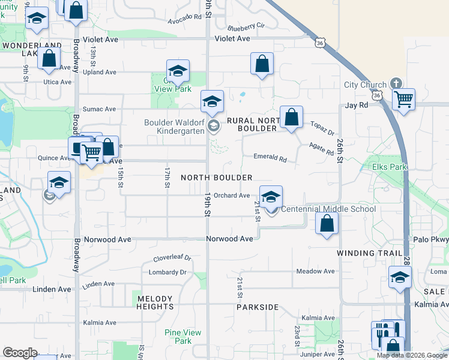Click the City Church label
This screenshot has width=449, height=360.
click(365, 85)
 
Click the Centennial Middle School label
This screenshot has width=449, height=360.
click(328, 209)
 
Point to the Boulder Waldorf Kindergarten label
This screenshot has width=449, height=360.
click(174, 127)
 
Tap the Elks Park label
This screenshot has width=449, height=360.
click(390, 167)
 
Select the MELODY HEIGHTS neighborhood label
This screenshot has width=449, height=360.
click(155, 302)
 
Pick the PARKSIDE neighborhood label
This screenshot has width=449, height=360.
click(257, 307)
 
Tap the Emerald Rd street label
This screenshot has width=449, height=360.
click(270, 158)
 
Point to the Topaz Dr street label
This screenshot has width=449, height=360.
click(322, 128)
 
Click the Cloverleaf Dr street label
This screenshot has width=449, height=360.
click(172, 259)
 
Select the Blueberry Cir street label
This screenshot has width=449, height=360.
click(246, 27)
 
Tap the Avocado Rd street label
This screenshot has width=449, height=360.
click(184, 18)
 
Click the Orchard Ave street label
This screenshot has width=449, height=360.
click(232, 196)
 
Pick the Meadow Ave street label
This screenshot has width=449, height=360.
click(316, 271)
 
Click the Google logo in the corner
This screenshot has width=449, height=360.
click(20, 353)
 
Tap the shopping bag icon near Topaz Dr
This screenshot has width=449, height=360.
click(291, 117)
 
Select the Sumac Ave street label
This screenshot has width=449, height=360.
click(99, 109)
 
